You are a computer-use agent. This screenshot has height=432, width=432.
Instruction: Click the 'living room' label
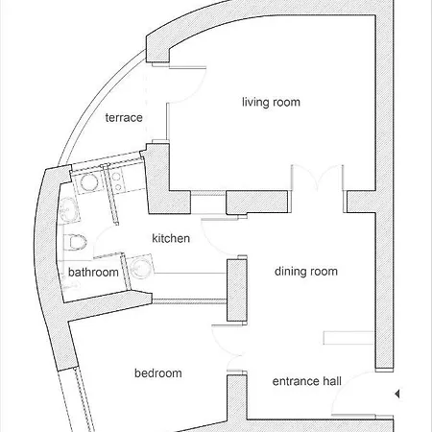click(x=273, y=102)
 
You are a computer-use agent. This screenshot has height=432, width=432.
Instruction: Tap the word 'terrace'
click(x=124, y=118)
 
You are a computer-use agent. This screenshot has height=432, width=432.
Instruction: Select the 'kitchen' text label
click(x=170, y=238)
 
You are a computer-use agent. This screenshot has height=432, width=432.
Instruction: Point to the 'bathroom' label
click(x=93, y=273)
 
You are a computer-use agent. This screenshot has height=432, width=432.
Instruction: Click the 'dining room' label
click(x=306, y=272)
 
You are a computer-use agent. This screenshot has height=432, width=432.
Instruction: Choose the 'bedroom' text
click(x=157, y=372)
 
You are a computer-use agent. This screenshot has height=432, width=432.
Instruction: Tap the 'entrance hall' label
click(x=307, y=381)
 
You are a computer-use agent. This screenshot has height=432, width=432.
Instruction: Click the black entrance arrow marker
click(x=396, y=392)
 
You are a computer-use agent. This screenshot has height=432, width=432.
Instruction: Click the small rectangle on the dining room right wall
click(x=348, y=337)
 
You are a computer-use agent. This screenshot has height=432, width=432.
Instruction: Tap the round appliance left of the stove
click(x=89, y=181)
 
